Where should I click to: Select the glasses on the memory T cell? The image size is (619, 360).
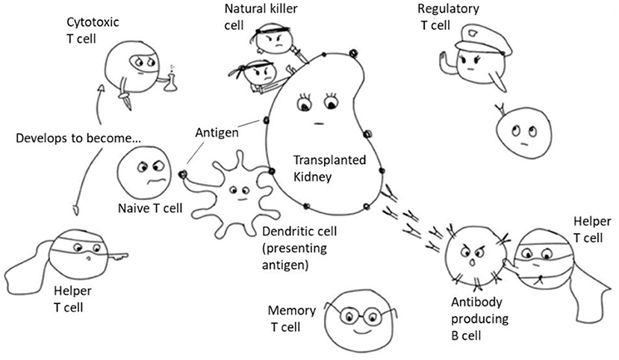tap(361, 315)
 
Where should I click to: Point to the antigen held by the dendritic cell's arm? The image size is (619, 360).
tap(182, 174)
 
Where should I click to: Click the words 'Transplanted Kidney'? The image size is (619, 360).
tap(329, 169)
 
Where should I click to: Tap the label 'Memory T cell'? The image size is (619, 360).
tap(292, 319)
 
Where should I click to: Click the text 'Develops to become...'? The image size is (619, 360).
tap(78, 138)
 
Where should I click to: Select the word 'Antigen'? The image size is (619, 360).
tap(217, 133)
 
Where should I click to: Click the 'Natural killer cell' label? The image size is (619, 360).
tap(261, 17)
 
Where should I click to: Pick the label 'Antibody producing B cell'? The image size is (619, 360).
tap(479, 319)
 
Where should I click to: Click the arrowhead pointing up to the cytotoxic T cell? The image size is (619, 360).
tap(102, 89)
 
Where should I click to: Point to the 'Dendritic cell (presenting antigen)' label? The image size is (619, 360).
tap(299, 248)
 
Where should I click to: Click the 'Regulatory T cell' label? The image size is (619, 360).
tap(448, 17)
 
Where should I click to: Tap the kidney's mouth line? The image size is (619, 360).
tap(319, 124)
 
